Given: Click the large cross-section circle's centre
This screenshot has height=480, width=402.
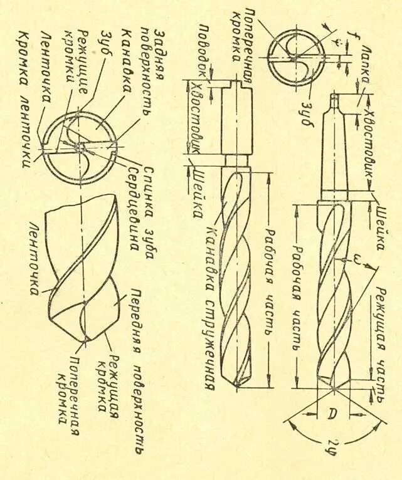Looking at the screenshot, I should pyautogui.click(x=80, y=147).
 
